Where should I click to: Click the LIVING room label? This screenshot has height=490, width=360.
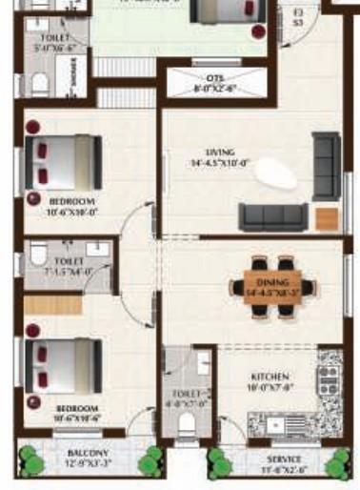[x=219, y=153]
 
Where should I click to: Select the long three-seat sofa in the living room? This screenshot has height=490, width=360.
[x=271, y=216]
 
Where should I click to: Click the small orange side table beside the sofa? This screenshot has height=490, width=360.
[x=326, y=216]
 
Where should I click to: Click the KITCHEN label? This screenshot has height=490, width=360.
[x=270, y=377]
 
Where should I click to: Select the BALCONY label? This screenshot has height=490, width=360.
[x=89, y=453]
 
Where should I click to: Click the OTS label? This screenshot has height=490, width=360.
[x=214, y=77]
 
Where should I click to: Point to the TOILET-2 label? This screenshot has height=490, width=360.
[x=187, y=392]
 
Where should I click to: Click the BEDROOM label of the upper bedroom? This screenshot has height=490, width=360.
[x=72, y=202]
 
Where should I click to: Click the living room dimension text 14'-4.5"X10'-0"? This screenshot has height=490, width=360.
[x=219, y=163]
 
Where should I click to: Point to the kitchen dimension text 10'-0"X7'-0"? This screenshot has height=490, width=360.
[x=270, y=388]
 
